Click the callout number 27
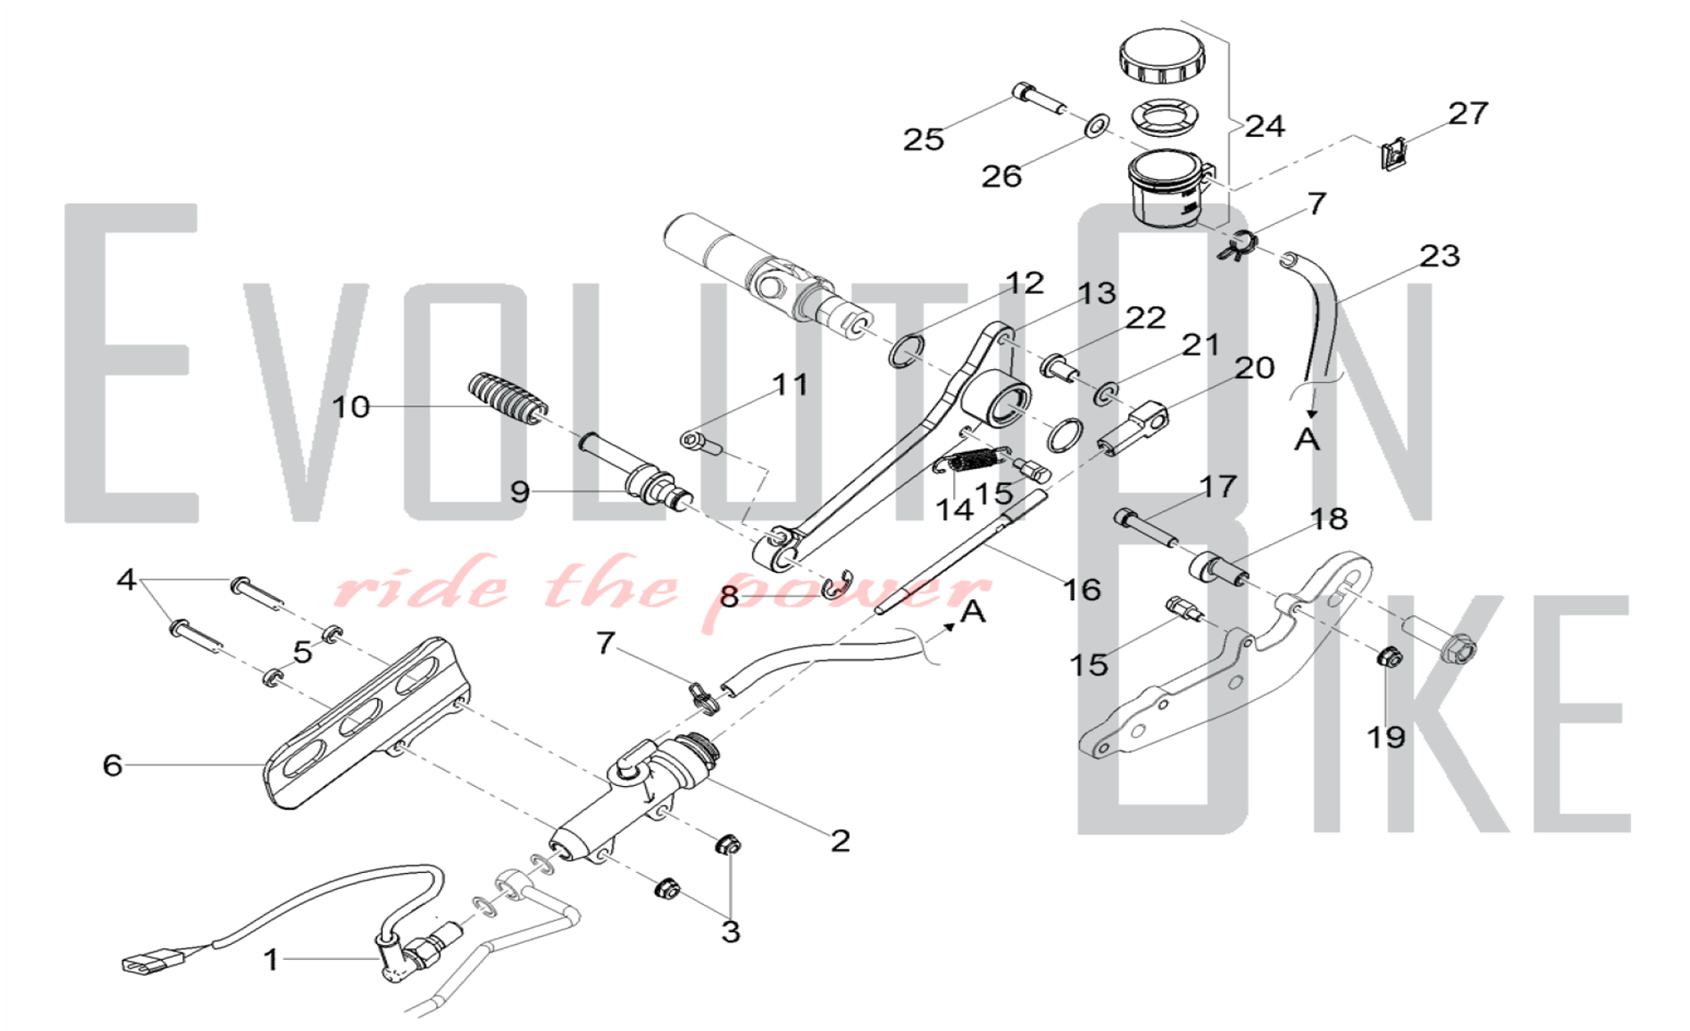[1468, 113]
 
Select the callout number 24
[1264, 126]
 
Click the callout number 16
[1082, 589]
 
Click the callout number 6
[112, 765]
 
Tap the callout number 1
[270, 959]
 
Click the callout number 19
[1386, 737]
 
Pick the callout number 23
[1440, 255]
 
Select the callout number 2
[840, 840]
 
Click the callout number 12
[1024, 283]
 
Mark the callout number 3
[730, 931]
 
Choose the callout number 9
[520, 491]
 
